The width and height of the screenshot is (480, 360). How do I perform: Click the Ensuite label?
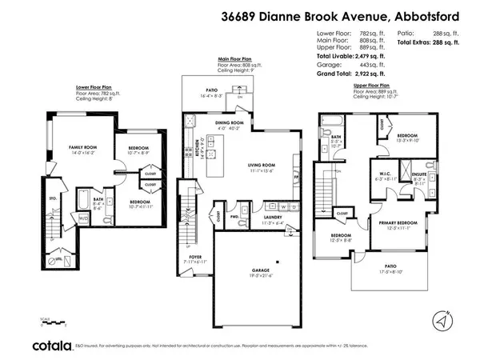[418, 175]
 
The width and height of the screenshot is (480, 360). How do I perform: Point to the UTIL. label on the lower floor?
[58, 260]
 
